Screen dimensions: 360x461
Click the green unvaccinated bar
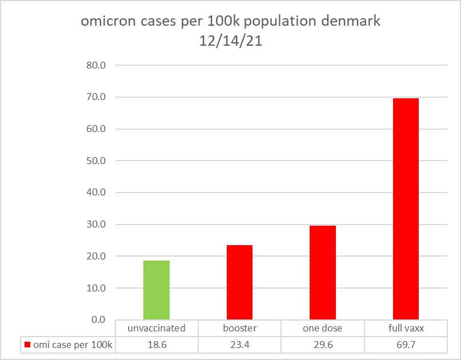157,290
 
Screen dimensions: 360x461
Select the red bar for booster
239,282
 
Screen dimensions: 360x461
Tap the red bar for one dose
323,273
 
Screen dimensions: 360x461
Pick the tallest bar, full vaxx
406,209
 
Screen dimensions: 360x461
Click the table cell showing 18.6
157,345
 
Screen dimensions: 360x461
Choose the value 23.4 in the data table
239,345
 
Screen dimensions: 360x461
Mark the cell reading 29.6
323,345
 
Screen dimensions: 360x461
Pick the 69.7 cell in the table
406,345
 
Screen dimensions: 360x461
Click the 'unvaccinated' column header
157,329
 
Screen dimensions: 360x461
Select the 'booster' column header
239,329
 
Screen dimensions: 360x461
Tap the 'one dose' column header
323,329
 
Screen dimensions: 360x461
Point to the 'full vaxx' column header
406,329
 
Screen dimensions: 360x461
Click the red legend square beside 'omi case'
27,345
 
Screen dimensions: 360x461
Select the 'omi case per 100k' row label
71,345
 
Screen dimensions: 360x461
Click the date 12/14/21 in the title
230,42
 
